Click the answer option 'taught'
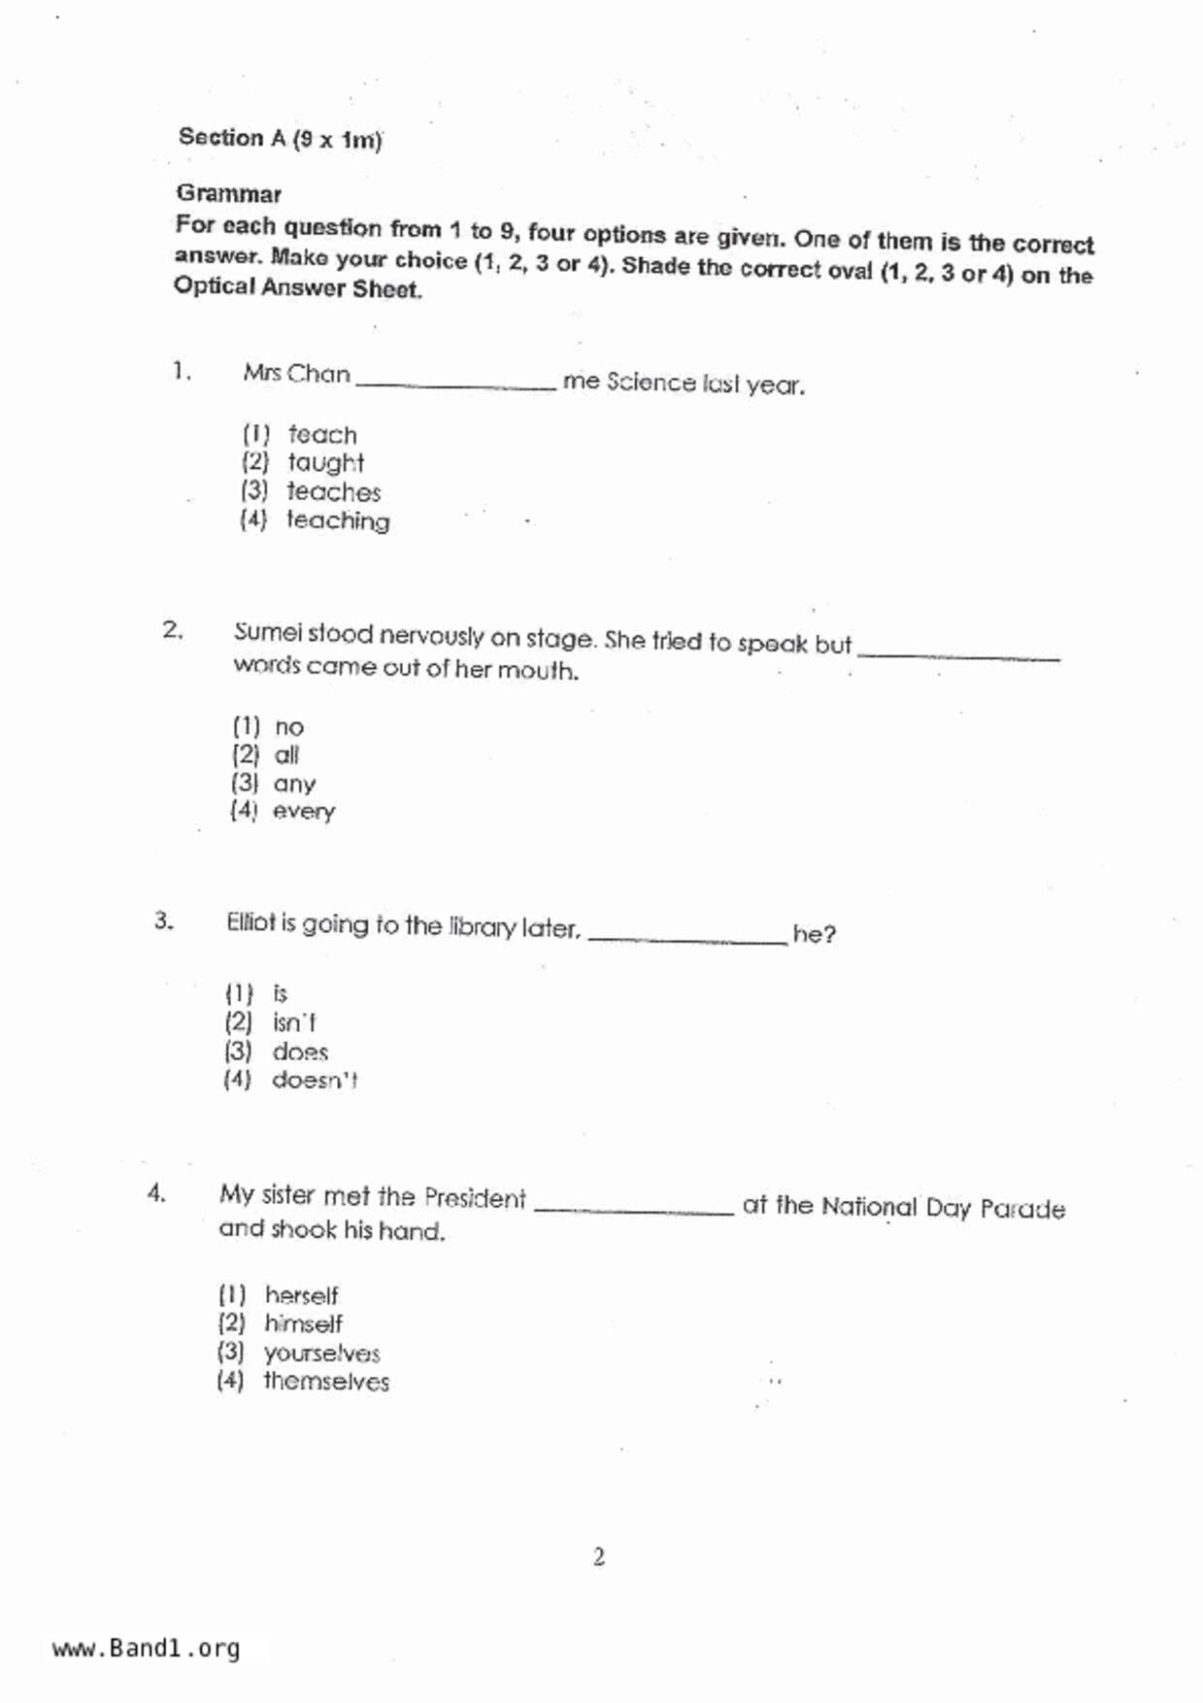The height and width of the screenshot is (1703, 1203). [x=325, y=463]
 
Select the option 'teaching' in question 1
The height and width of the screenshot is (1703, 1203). [x=337, y=520]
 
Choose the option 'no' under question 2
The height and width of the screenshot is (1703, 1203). [x=288, y=727]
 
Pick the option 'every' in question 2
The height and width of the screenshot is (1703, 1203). [x=303, y=812]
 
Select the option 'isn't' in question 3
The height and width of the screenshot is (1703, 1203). [x=293, y=1022]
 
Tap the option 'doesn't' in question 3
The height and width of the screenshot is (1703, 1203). [x=314, y=1080]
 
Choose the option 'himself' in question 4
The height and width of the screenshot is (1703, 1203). [x=303, y=1323]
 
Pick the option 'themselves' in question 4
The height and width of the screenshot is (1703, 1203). [x=326, y=1382]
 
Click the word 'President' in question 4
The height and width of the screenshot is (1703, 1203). [x=475, y=1198]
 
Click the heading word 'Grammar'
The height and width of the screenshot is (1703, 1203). [x=229, y=194]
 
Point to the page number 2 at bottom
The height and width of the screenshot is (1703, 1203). [x=599, y=1557]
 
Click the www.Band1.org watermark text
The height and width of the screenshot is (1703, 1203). [x=146, y=1649]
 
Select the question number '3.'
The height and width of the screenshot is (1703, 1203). [x=163, y=920]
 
